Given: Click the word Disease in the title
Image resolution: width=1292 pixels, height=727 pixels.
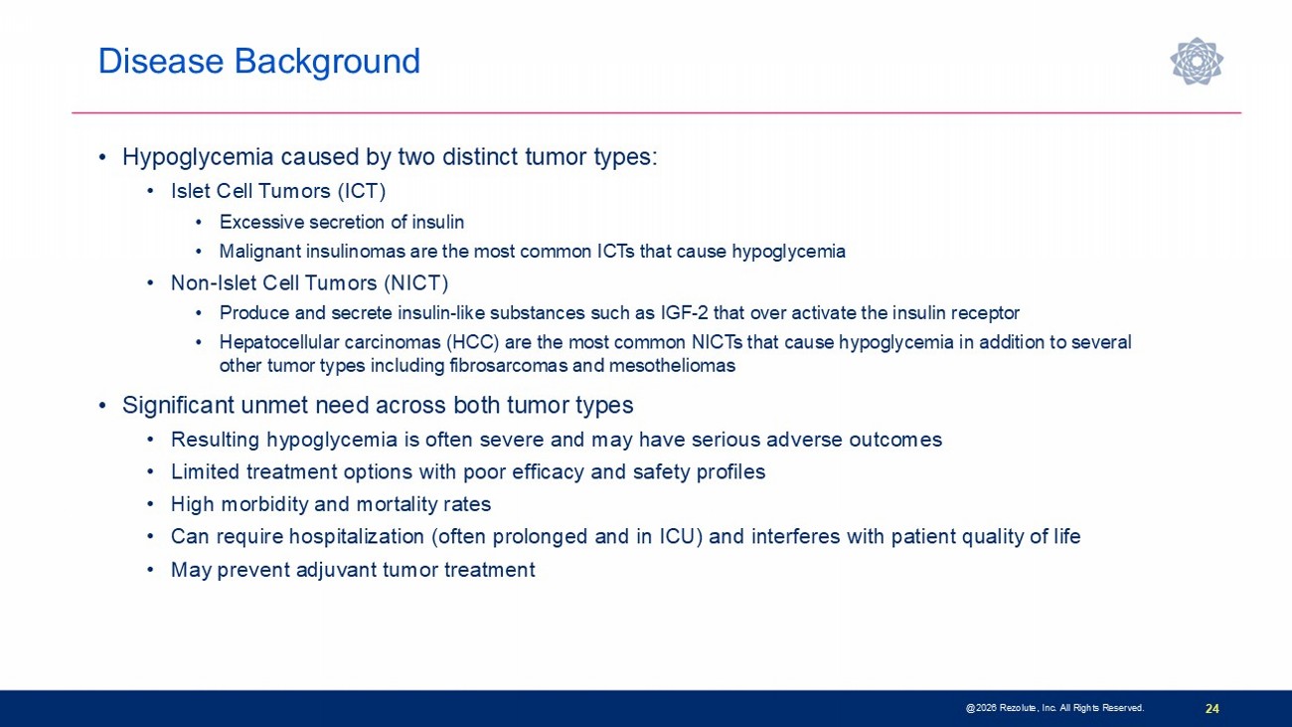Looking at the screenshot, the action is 161,61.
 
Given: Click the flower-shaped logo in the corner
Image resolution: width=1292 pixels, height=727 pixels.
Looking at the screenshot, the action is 1197,61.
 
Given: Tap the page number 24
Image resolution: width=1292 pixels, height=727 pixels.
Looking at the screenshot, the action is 1211,708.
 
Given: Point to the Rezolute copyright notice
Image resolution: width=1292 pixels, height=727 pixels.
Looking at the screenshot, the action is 1054,708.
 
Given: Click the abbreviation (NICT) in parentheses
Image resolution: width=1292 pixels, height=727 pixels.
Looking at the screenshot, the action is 415,282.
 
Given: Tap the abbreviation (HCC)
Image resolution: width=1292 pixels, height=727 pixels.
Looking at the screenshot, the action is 473,342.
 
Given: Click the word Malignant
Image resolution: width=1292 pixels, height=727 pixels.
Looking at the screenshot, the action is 260,252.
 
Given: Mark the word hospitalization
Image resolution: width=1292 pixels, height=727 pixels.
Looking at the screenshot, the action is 356,537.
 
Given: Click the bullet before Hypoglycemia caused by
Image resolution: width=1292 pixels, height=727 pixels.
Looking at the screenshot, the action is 102,157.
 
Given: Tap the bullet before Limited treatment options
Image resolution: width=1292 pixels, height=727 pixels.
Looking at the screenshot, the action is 151,472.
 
